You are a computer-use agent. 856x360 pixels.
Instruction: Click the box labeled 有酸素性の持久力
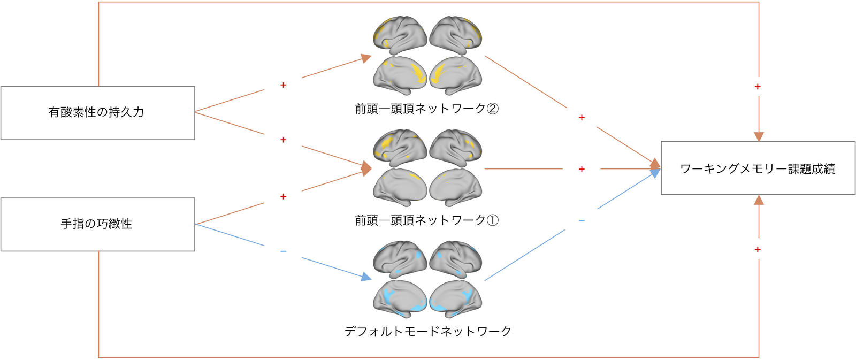tap(98, 113)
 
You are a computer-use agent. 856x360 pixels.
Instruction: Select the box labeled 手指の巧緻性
tap(98, 224)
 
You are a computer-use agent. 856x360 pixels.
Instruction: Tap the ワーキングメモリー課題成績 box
tap(758, 168)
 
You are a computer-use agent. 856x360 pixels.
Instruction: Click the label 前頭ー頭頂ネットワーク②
tap(426, 109)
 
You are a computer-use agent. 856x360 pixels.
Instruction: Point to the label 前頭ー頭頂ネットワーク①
tap(426, 220)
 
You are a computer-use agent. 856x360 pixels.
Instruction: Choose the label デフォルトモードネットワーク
tap(427, 331)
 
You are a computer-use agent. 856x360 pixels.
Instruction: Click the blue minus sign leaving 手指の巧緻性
tap(283, 251)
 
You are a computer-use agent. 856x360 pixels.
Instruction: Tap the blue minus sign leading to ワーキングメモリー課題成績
tap(582, 220)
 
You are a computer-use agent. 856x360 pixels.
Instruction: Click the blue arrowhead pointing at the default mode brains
tap(366, 277)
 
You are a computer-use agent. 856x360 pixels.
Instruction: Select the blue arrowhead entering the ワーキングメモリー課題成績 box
tap(655, 173)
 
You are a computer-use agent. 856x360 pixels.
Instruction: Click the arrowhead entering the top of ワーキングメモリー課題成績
tap(759, 137)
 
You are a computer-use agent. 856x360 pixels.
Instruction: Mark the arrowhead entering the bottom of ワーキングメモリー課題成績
tap(759, 200)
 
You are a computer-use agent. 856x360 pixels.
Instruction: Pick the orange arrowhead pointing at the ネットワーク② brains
tap(366, 58)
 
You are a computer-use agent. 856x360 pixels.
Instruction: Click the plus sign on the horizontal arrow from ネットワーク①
tap(582, 169)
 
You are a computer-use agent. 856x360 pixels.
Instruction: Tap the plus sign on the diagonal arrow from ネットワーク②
tap(582, 117)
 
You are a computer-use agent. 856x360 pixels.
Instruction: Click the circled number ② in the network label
tap(492, 109)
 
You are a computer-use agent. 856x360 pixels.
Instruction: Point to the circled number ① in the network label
tap(492, 220)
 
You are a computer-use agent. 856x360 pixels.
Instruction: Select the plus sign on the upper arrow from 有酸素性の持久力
tap(283, 85)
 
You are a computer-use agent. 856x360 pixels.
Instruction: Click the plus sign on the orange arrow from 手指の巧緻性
tap(283, 196)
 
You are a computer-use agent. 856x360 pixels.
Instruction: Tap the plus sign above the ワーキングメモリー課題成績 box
tap(758, 87)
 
